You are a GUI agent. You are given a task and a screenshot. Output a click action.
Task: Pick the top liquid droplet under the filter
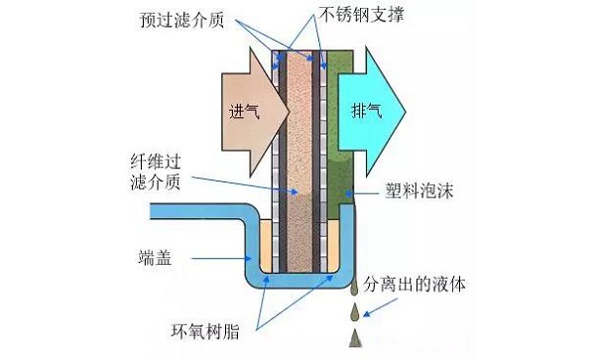pyautogui.click(x=354, y=288)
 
